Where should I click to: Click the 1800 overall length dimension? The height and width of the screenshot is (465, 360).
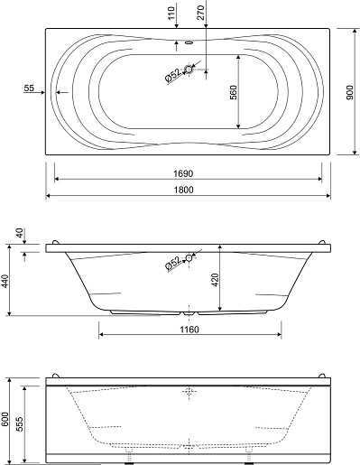click(x=183, y=190)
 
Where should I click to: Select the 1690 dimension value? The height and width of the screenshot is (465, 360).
click(x=183, y=173)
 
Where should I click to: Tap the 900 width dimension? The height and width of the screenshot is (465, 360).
click(x=350, y=93)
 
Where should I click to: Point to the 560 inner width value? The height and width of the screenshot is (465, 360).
click(x=234, y=92)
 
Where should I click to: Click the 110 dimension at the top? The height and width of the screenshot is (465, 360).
click(x=171, y=13)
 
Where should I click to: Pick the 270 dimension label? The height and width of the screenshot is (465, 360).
click(x=200, y=13)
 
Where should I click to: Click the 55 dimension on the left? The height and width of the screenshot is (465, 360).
click(x=29, y=88)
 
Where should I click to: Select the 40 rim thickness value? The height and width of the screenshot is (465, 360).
click(x=19, y=233)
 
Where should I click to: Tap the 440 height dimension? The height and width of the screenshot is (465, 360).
click(x=6, y=281)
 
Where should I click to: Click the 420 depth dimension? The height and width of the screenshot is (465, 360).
click(x=216, y=280)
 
